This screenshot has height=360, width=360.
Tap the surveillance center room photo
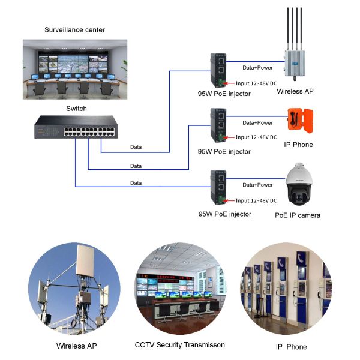76,68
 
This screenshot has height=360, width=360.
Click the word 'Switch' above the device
76,109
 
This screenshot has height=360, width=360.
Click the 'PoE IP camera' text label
298,215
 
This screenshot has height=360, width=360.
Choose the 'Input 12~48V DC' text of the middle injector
256,137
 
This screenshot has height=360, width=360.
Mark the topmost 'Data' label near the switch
136,147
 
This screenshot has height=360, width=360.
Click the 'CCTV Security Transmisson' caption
179,345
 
